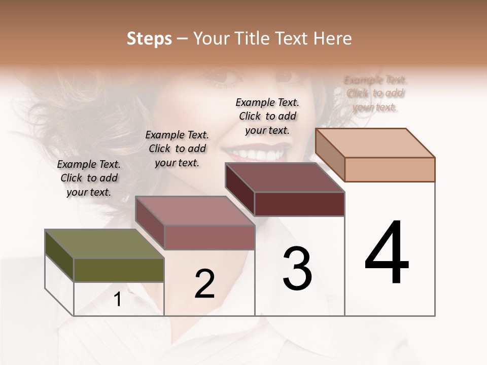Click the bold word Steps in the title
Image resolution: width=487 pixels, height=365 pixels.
[x=149, y=39]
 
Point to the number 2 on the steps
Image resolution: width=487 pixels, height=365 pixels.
[x=204, y=284]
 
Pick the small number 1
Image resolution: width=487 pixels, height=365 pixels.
[x=118, y=300]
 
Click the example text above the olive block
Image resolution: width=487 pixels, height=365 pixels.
[x=89, y=178]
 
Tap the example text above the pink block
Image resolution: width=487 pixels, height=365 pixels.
[x=177, y=149]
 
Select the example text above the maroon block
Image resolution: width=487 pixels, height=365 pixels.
[x=267, y=116]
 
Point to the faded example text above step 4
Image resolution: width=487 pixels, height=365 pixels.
[x=375, y=93]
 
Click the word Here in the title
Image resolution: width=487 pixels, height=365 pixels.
[x=333, y=39]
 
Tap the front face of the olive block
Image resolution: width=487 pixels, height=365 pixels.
[x=119, y=270]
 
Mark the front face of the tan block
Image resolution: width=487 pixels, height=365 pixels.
[x=390, y=169]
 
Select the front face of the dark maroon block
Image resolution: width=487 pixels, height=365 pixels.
[x=299, y=204]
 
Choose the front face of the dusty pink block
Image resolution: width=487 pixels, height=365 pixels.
[x=210, y=237]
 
